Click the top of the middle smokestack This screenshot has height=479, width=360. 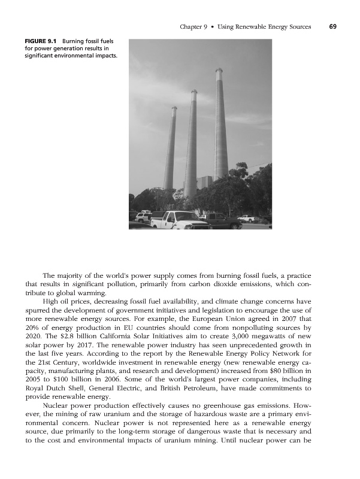pos(194,92)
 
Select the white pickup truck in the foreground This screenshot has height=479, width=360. pos(179,221)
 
